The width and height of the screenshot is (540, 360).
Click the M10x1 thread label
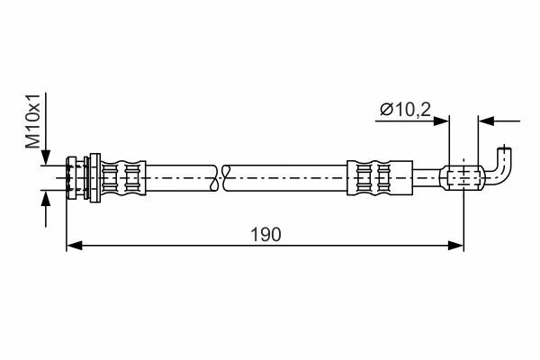33,121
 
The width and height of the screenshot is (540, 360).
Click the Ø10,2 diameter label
405,110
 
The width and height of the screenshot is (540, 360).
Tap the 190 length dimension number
265,235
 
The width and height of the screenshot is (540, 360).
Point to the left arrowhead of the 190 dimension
74,246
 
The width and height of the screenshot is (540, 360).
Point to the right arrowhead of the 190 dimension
455,246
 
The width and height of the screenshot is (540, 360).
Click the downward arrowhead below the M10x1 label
46,157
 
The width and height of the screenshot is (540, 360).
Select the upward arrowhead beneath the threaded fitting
46,198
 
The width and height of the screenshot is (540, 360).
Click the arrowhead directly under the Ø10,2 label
442,121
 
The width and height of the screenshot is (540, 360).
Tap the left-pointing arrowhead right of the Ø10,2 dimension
486,121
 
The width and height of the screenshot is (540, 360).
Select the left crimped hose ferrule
123,178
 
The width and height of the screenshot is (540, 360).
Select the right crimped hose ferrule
380,178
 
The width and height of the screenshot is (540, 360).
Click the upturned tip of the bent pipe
505,150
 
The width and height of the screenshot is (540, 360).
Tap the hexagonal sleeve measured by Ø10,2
462,178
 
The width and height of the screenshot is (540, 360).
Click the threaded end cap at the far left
71,178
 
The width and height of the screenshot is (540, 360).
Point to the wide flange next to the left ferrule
94,178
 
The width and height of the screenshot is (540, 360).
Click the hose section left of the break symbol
181,178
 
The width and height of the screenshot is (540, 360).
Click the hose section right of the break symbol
285,178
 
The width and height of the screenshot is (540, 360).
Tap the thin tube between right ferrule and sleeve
427,178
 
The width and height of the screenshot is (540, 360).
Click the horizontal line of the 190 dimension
265,246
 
